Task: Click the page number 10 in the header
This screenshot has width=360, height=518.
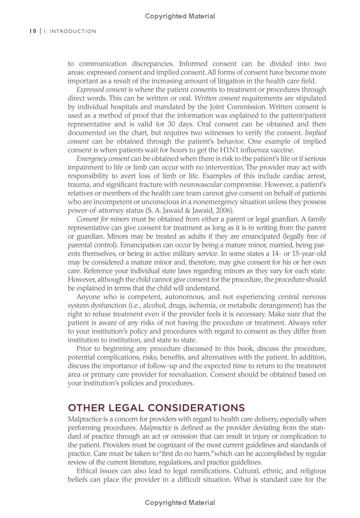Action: click(x=33, y=31)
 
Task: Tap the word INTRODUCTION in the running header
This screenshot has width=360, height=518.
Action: click(x=73, y=31)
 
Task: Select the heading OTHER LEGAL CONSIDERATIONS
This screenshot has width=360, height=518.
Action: click(x=156, y=408)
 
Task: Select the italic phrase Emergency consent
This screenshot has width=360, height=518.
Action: click(x=103, y=159)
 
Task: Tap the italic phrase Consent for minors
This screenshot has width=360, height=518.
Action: click(x=103, y=219)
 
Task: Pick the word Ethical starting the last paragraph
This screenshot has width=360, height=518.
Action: click(x=90, y=471)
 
